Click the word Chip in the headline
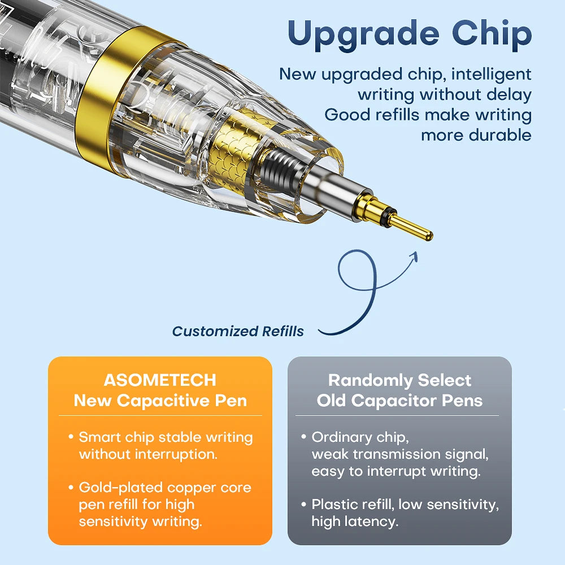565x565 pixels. coord(492,33)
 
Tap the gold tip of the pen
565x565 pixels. coord(411,227)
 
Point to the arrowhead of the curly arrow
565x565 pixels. coord(414,257)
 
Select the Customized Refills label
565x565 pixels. coord(238,331)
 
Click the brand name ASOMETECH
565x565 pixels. coord(160,380)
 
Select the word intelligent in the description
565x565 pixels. coord(491,75)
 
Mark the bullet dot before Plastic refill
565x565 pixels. coord(303,504)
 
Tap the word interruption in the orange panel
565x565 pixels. coord(176,454)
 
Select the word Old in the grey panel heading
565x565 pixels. coord(331,401)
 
